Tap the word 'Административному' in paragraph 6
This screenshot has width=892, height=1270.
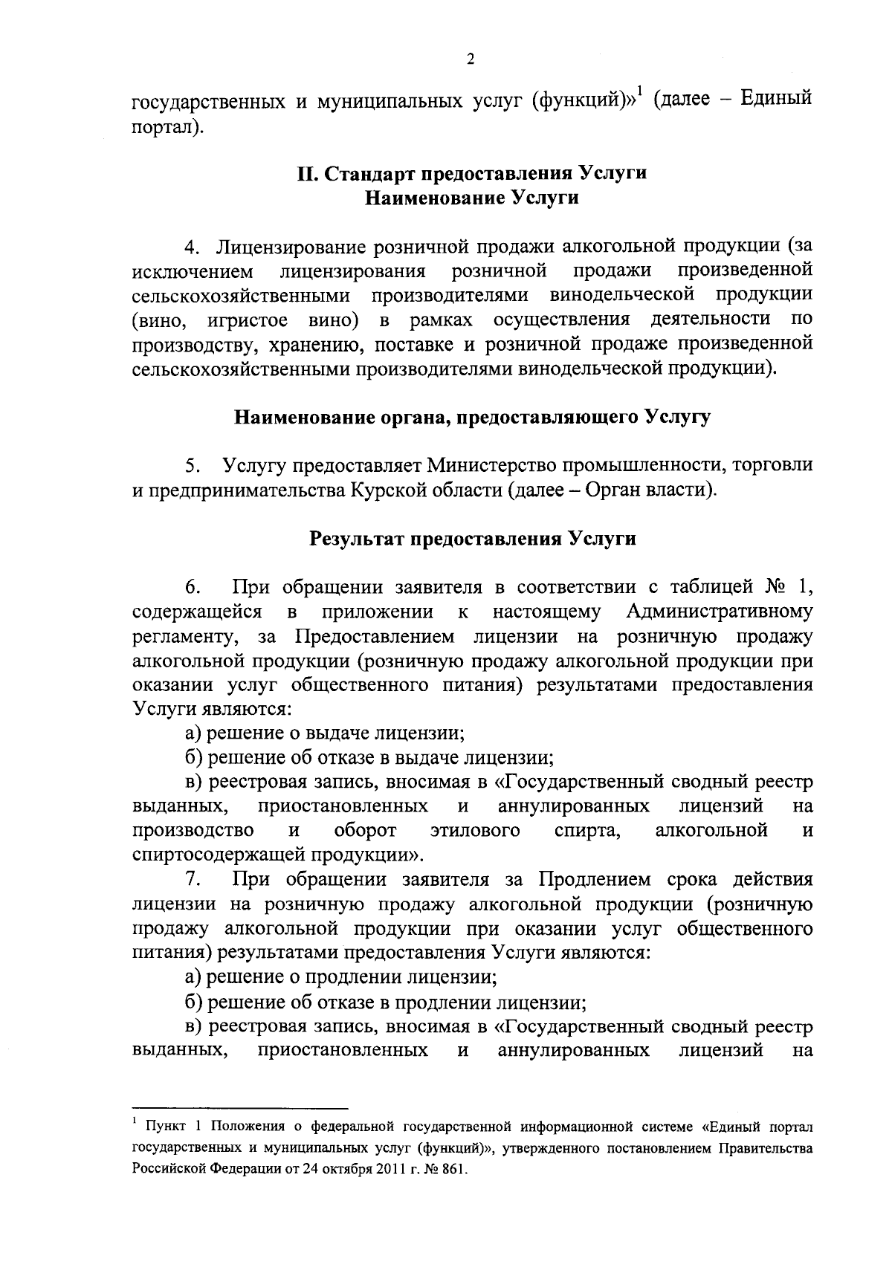[x=719, y=612]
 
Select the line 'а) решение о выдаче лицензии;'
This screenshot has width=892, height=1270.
[x=326, y=733]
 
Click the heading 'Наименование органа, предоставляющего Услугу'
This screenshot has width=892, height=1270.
[x=472, y=417]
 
